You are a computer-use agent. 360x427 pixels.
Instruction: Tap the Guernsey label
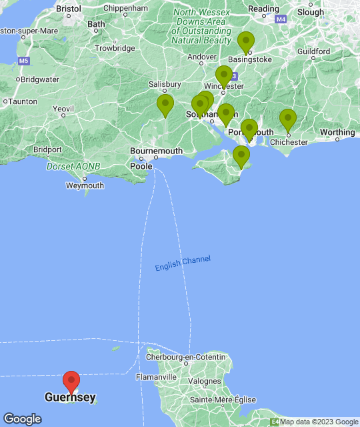pyautogui.click(x=70, y=398)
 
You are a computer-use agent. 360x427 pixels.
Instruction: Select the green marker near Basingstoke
pyautogui.click(x=246, y=42)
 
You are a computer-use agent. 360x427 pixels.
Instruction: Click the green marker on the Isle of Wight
pyautogui.click(x=241, y=157)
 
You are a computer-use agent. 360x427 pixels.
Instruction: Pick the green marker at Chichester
pyautogui.click(x=287, y=120)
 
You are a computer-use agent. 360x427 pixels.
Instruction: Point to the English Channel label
pyautogui.click(x=183, y=264)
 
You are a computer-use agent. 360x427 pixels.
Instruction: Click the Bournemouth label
pyautogui.click(x=156, y=151)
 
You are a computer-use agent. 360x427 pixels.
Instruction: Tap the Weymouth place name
pyautogui.click(x=85, y=185)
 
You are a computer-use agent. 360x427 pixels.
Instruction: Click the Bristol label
pyautogui.click(x=69, y=9)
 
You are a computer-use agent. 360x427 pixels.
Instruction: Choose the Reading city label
pyautogui.click(x=264, y=9)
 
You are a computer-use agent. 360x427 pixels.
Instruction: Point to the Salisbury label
pyautogui.click(x=165, y=84)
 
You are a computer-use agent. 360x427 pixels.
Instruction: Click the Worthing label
pyautogui.click(x=337, y=132)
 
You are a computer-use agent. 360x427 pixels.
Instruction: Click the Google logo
pyautogui.click(x=22, y=419)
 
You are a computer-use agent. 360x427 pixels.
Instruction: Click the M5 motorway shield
pyautogui.click(x=24, y=61)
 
